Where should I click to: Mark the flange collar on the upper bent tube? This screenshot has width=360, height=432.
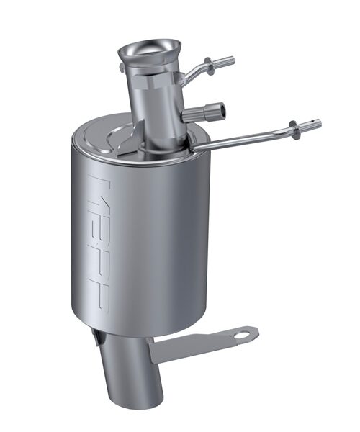tap(209, 65)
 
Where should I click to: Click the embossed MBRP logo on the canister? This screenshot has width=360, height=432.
tap(104, 238)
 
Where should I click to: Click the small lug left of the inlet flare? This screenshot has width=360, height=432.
tap(120, 68)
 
